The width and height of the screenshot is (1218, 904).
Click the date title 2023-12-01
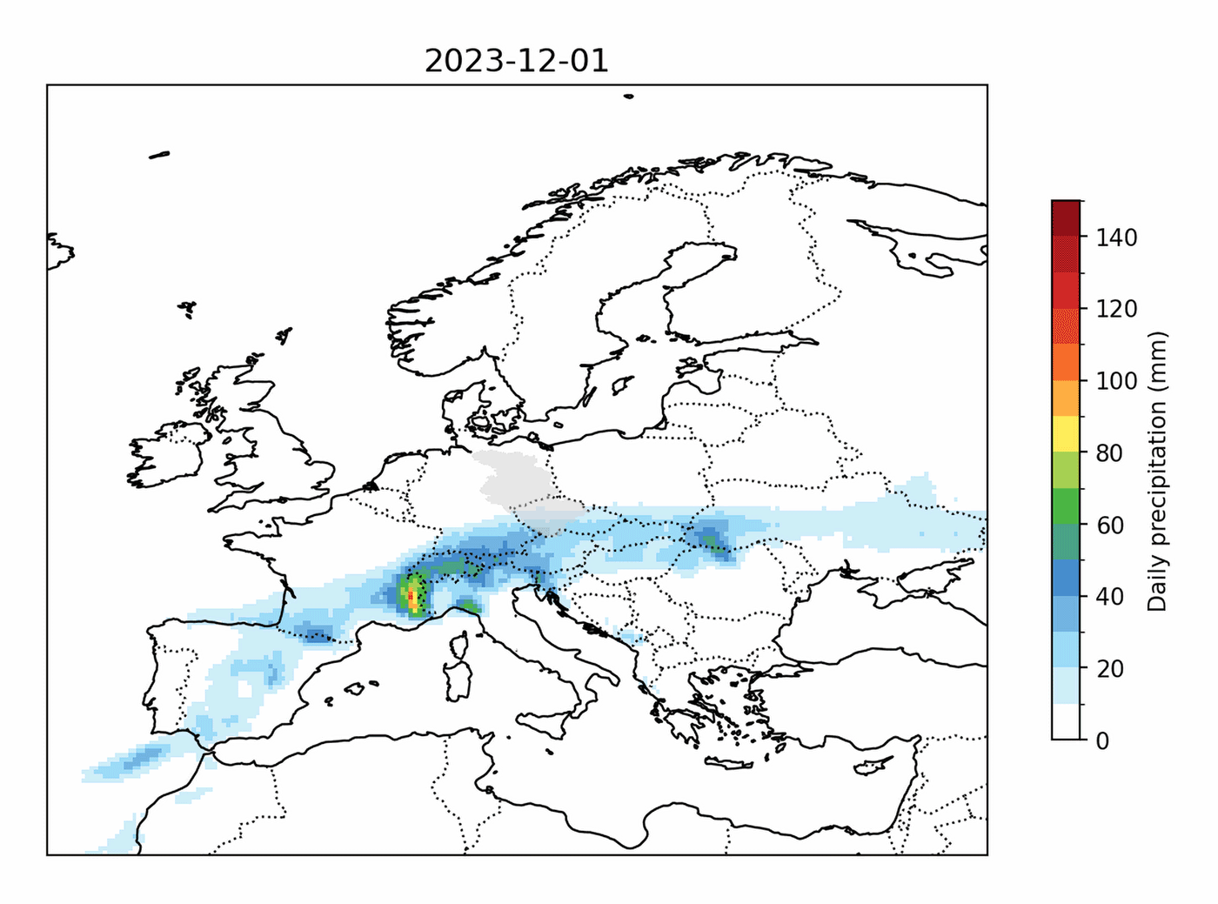[516, 61]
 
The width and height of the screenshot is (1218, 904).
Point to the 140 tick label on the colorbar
[1115, 238]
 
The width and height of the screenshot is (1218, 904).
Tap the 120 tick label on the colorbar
[1115, 309]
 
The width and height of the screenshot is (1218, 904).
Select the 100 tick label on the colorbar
[1115, 381]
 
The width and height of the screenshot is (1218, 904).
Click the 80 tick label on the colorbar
[1109, 453]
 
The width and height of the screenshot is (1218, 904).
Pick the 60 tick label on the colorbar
[1109, 526]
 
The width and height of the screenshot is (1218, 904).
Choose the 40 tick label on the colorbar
[1109, 597]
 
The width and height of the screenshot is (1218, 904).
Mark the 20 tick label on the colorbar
[1109, 669]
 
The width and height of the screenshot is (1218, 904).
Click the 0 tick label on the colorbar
[1103, 741]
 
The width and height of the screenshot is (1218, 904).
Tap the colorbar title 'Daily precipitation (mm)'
[1156, 471]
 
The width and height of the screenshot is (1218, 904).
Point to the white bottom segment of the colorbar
[1066, 721]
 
